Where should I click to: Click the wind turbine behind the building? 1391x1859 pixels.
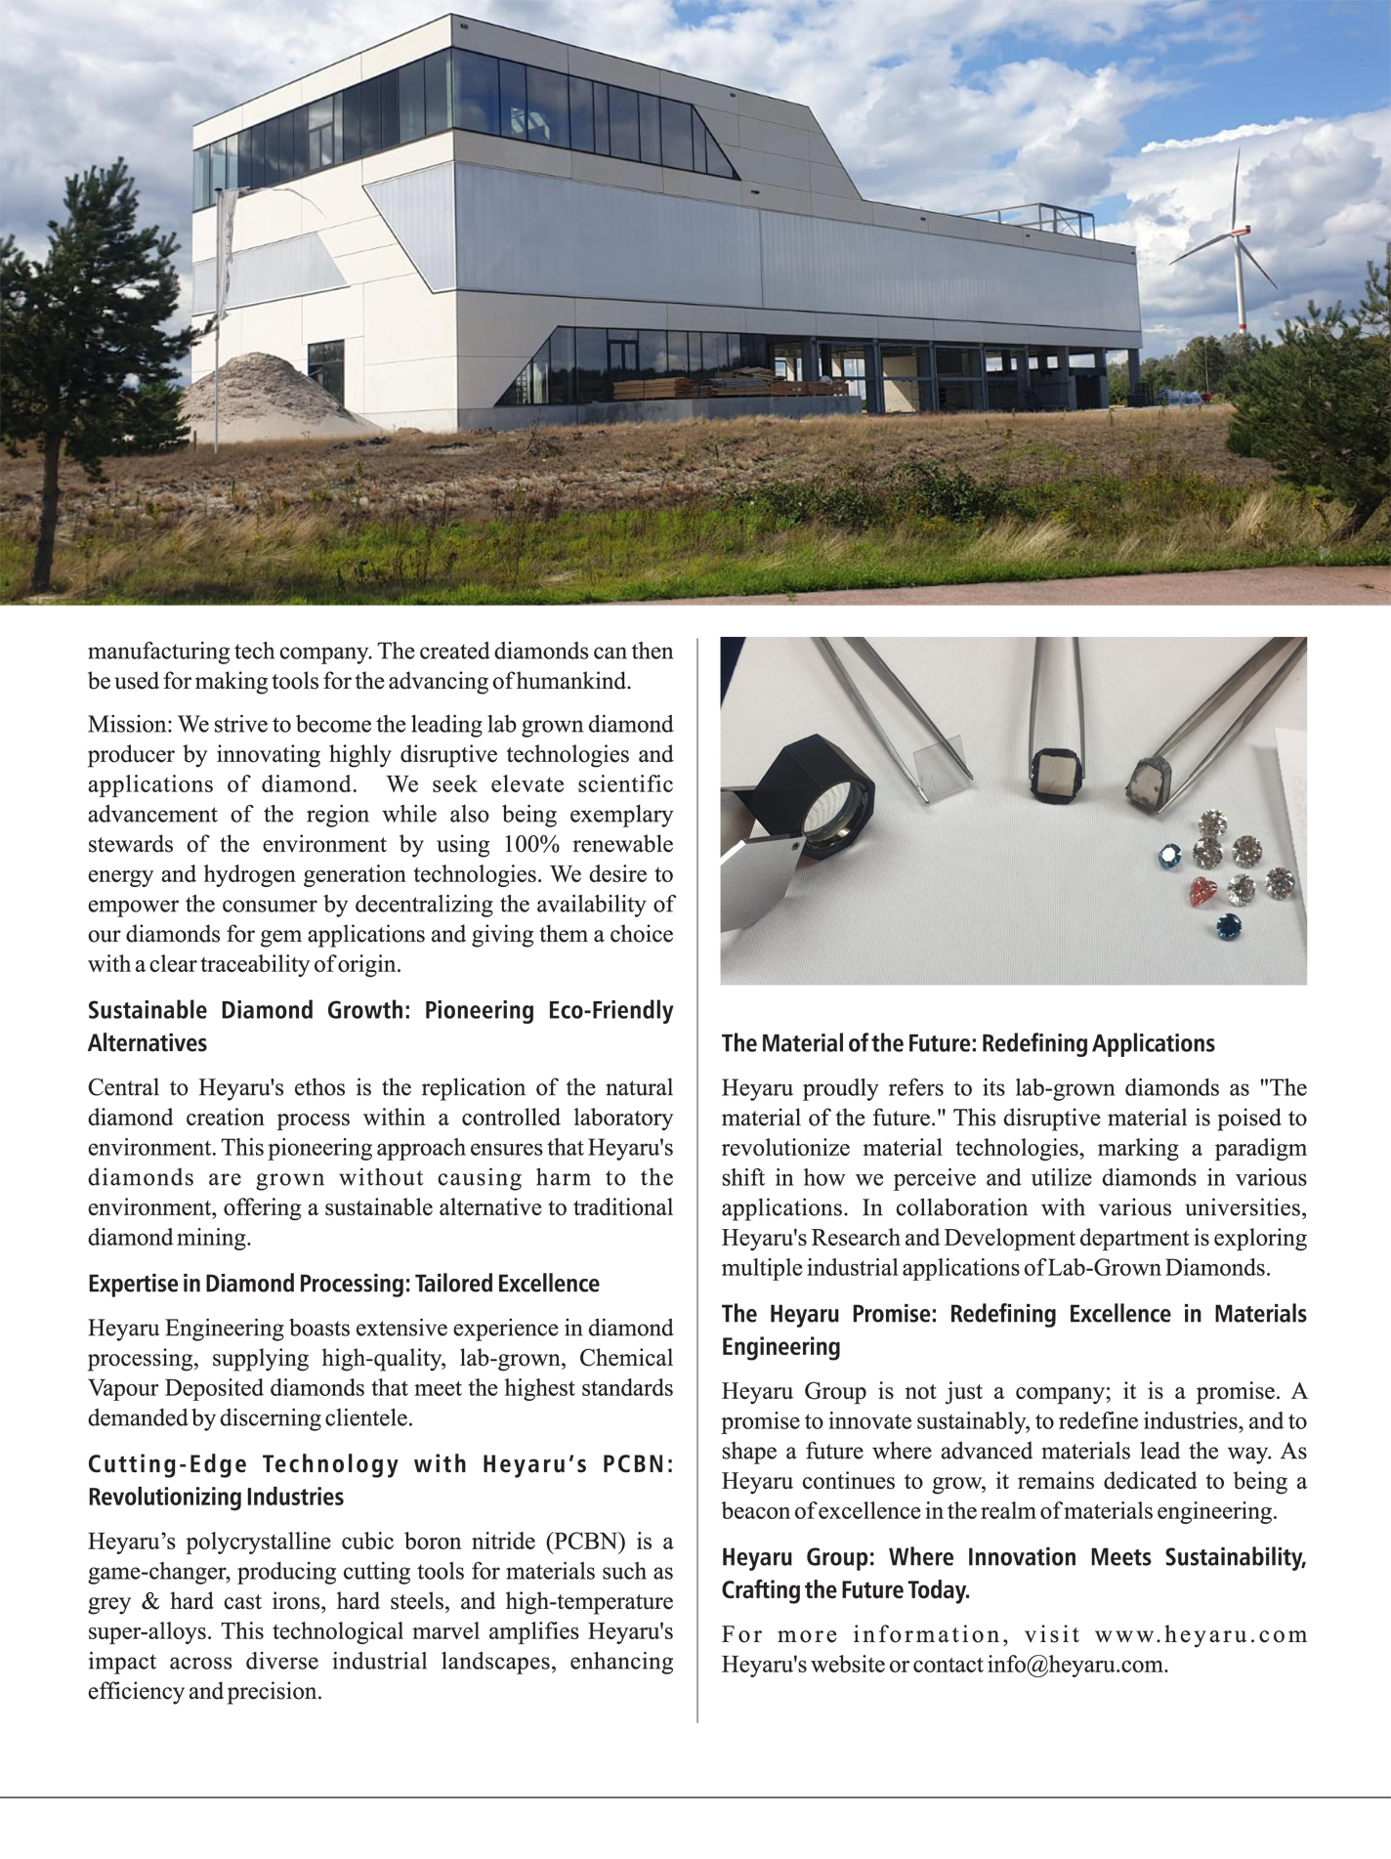[1239, 239]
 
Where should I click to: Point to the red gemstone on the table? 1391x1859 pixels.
[1202, 891]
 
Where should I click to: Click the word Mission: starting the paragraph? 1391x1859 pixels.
[130, 725]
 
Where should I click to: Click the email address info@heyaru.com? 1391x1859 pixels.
[1075, 1665]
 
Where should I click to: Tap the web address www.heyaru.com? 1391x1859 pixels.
[1201, 1634]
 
